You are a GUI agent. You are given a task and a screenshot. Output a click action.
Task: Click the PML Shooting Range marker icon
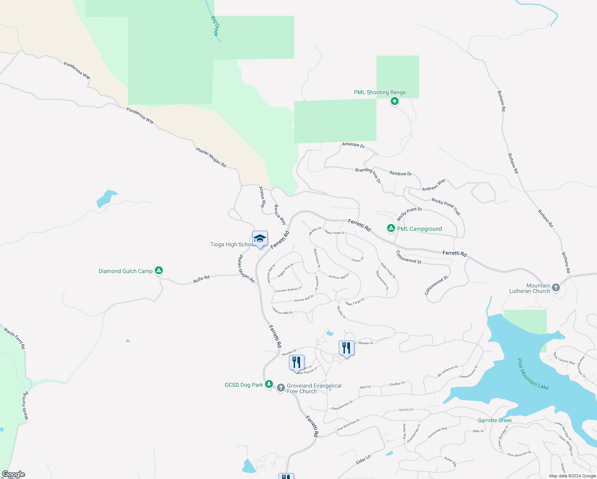point(394,101)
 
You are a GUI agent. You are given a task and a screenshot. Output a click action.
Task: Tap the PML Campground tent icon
point(391,228)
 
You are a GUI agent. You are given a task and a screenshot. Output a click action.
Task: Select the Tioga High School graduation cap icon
point(260,239)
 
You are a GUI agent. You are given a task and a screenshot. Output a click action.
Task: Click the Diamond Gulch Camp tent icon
point(159,271)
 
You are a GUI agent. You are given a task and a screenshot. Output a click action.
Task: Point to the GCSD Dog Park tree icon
point(269,384)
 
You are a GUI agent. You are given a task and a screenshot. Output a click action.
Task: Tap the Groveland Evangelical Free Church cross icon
point(281,388)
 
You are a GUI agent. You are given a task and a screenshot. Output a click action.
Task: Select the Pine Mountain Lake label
point(533,374)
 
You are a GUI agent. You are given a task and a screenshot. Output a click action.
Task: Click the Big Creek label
point(215,26)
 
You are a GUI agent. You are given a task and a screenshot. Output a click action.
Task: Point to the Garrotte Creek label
point(495,420)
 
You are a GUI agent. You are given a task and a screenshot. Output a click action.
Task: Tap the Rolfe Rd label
point(201,279)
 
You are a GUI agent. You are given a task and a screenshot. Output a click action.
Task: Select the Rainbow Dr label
point(400,173)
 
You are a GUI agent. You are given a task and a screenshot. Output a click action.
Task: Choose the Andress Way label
point(433,185)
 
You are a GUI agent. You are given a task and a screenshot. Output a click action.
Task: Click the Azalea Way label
point(262,197)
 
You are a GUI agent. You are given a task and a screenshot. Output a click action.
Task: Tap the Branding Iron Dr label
point(368,175)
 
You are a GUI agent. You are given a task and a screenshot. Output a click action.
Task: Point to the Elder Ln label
point(363,459)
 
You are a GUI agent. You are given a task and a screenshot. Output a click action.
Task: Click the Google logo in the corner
point(14,474)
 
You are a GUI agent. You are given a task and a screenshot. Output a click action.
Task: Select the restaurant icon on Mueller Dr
point(346,348)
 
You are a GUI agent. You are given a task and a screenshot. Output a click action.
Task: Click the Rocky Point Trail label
point(446,206)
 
